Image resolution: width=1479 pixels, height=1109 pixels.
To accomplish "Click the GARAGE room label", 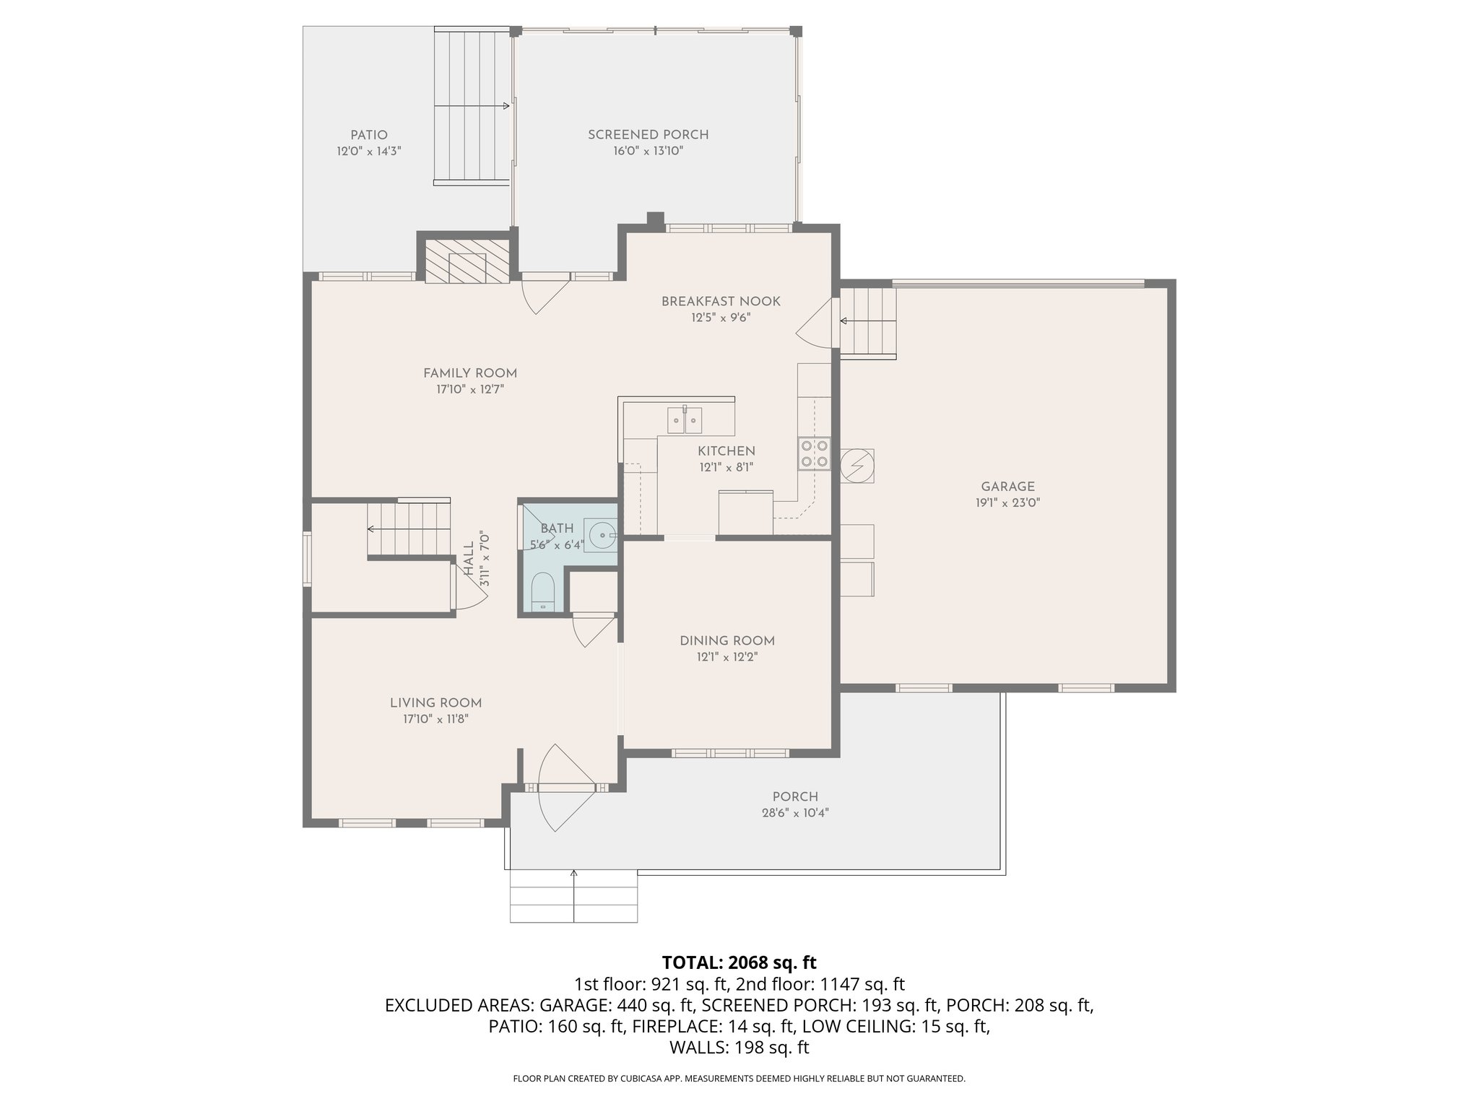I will [1007, 487].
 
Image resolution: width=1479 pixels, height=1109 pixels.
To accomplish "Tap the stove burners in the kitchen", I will [814, 453].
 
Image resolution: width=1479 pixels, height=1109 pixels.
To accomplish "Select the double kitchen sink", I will [685, 419].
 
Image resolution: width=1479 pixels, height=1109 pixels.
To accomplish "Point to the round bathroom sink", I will [601, 536].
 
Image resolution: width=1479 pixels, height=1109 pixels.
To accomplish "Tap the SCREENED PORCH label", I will [648, 135].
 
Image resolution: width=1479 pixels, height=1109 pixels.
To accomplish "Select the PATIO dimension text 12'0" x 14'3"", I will [368, 152].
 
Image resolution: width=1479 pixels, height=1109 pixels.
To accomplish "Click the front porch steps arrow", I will [574, 895].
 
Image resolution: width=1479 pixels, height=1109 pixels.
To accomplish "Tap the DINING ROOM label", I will [727, 641].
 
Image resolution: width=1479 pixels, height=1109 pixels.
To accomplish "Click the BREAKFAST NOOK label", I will [721, 301].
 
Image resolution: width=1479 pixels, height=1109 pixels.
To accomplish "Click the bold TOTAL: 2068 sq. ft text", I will [739, 962].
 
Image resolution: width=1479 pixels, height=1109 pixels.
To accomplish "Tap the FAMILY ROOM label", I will [470, 373].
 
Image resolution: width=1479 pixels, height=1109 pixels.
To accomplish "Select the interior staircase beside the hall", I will [409, 529].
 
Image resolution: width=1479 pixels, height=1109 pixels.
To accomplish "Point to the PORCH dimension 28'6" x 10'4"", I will [795, 813].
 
